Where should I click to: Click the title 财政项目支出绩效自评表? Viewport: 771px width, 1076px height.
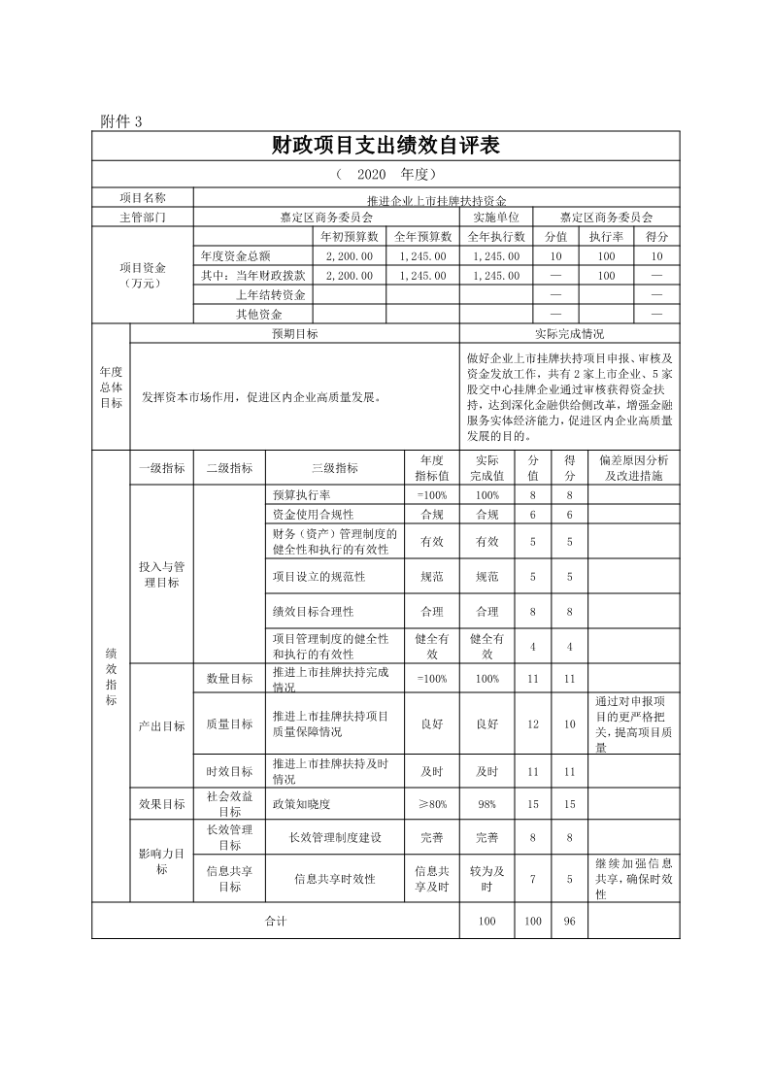[385, 146]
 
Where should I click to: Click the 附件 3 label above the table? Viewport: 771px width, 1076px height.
[121, 121]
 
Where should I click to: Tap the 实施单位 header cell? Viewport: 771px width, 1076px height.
[495, 218]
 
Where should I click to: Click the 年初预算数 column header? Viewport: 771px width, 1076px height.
[349, 236]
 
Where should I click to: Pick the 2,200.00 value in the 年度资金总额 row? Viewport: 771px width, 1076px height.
[349, 255]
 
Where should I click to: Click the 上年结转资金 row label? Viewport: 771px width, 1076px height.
[271, 294]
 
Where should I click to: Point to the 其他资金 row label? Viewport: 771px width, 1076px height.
[259, 314]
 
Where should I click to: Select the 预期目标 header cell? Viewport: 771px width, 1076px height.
[294, 333]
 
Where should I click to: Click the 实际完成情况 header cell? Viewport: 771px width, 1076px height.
[569, 333]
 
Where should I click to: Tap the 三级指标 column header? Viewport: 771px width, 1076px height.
[334, 468]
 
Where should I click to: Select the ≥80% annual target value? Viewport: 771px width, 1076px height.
[432, 804]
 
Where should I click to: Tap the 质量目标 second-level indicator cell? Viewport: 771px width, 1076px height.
[229, 724]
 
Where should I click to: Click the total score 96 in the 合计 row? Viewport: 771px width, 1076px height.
[569, 921]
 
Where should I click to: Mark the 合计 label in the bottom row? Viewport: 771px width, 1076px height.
[276, 921]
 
